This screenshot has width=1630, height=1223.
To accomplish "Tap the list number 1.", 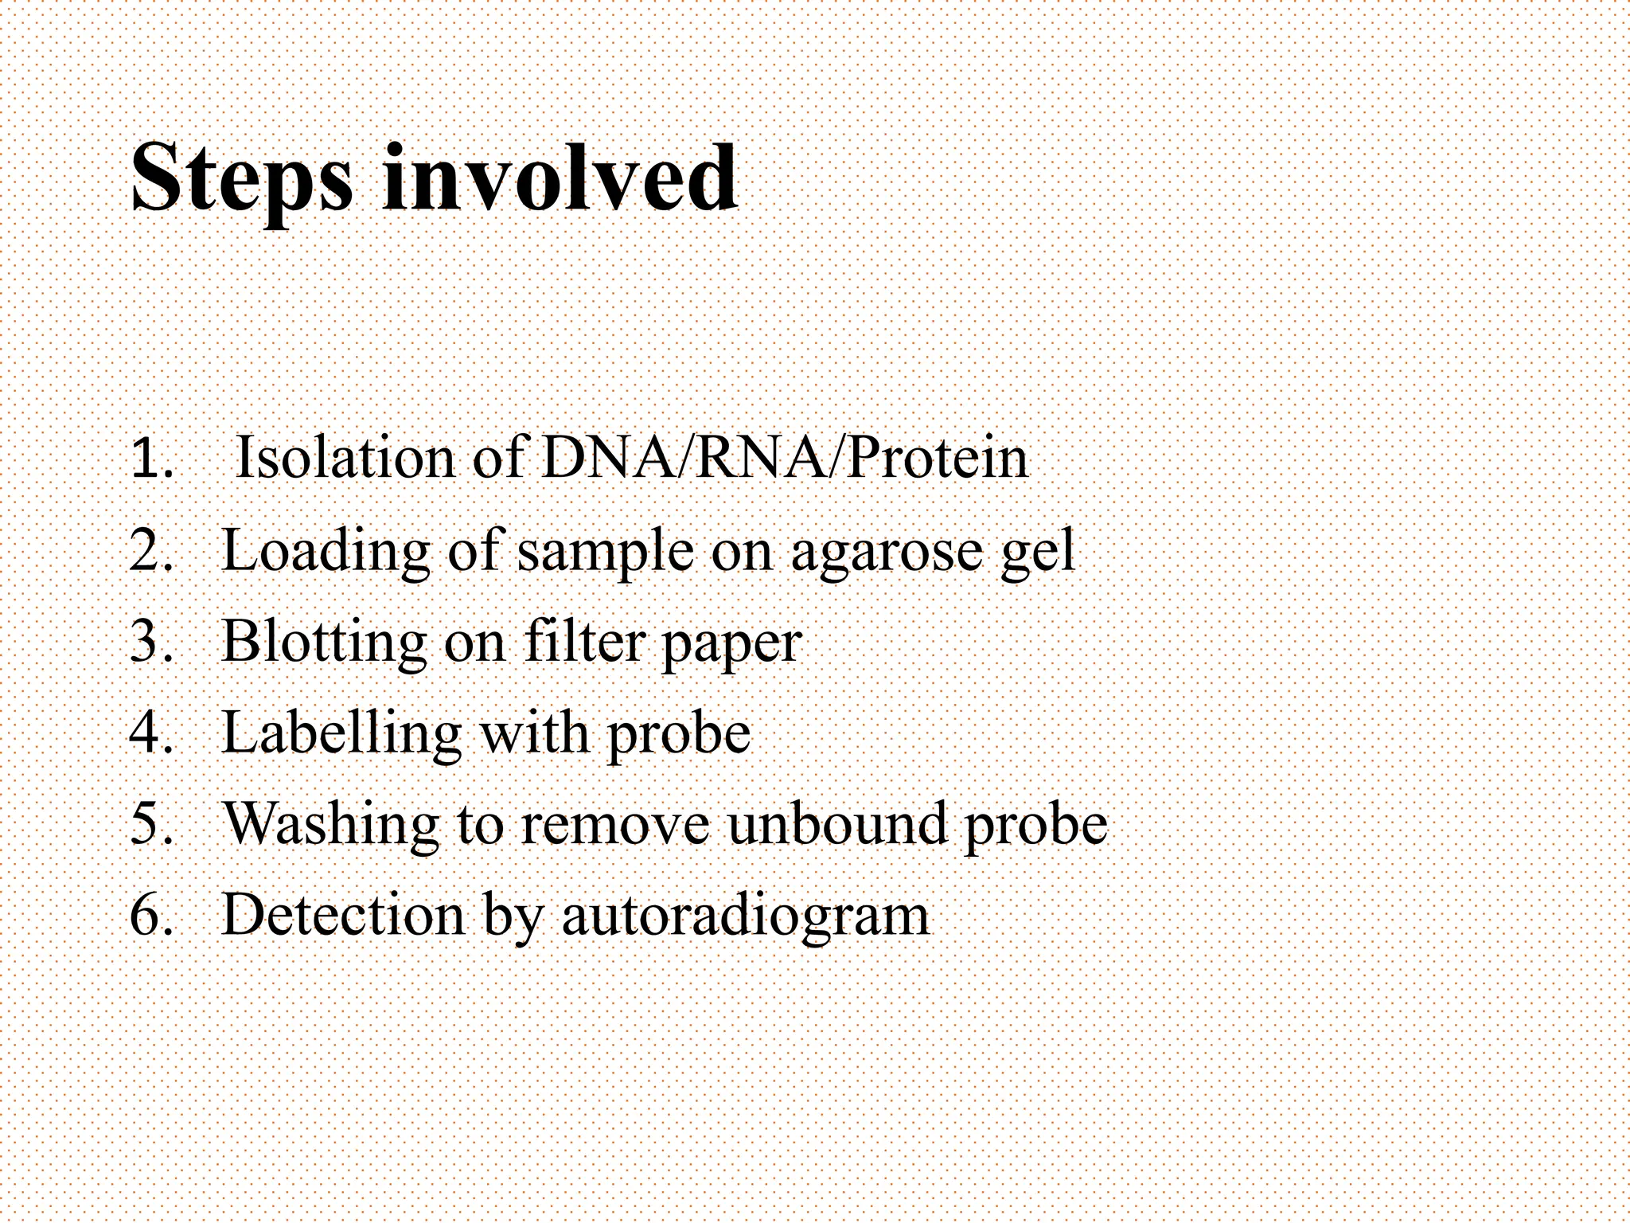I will click(150, 459).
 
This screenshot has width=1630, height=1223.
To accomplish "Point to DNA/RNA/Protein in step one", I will click(784, 459).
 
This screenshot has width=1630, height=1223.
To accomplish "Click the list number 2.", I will click(150, 550).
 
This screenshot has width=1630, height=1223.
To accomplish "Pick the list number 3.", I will click(150, 641).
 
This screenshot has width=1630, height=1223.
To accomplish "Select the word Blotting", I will click(323, 641).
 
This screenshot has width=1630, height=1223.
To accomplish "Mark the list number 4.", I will click(150, 733).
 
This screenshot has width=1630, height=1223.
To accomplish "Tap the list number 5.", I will click(150, 823).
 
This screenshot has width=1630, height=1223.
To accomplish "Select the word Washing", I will click(330, 823).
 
